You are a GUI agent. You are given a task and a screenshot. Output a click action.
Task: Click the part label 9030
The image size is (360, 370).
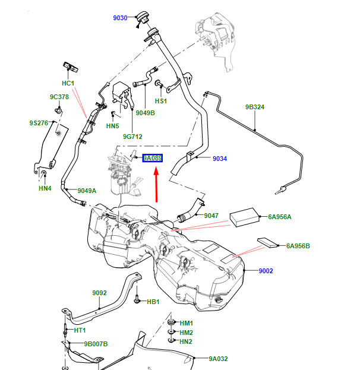coord(120,18)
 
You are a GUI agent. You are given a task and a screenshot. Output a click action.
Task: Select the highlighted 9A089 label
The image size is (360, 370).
coord(153,158)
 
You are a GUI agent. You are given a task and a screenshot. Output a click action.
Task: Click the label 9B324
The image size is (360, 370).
coord(255,107)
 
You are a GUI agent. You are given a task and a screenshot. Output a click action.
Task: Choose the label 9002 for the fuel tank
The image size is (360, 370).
coord(266,271)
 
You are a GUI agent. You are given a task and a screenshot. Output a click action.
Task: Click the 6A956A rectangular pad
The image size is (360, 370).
coord(245,217)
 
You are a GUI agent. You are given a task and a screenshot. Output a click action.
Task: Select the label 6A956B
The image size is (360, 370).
coord(298,246)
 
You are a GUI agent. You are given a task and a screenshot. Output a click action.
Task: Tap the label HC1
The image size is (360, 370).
coord(68,83)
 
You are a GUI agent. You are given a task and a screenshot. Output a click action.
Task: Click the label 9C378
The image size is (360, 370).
coord(59,97)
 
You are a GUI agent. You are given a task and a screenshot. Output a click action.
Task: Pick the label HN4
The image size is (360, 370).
coord(45,188)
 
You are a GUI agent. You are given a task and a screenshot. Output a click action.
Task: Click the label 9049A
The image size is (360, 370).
coord(87,191)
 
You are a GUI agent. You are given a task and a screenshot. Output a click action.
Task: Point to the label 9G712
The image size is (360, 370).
coord(132,137)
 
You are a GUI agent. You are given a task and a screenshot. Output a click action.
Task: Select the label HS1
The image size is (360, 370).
coord(161,101)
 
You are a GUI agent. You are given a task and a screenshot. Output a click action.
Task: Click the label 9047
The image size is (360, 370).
coord(211,216)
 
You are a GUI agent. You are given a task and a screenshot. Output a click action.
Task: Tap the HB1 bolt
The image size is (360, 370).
coord(137,299)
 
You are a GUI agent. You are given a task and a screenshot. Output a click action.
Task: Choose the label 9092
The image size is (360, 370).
coord(99,293)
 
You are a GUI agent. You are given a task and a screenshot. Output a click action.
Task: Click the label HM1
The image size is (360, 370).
coord(187,323)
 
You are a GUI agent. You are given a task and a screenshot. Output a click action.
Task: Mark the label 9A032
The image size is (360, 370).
coord(219,359)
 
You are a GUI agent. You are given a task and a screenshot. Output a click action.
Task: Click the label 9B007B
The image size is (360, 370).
coord(96,344)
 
